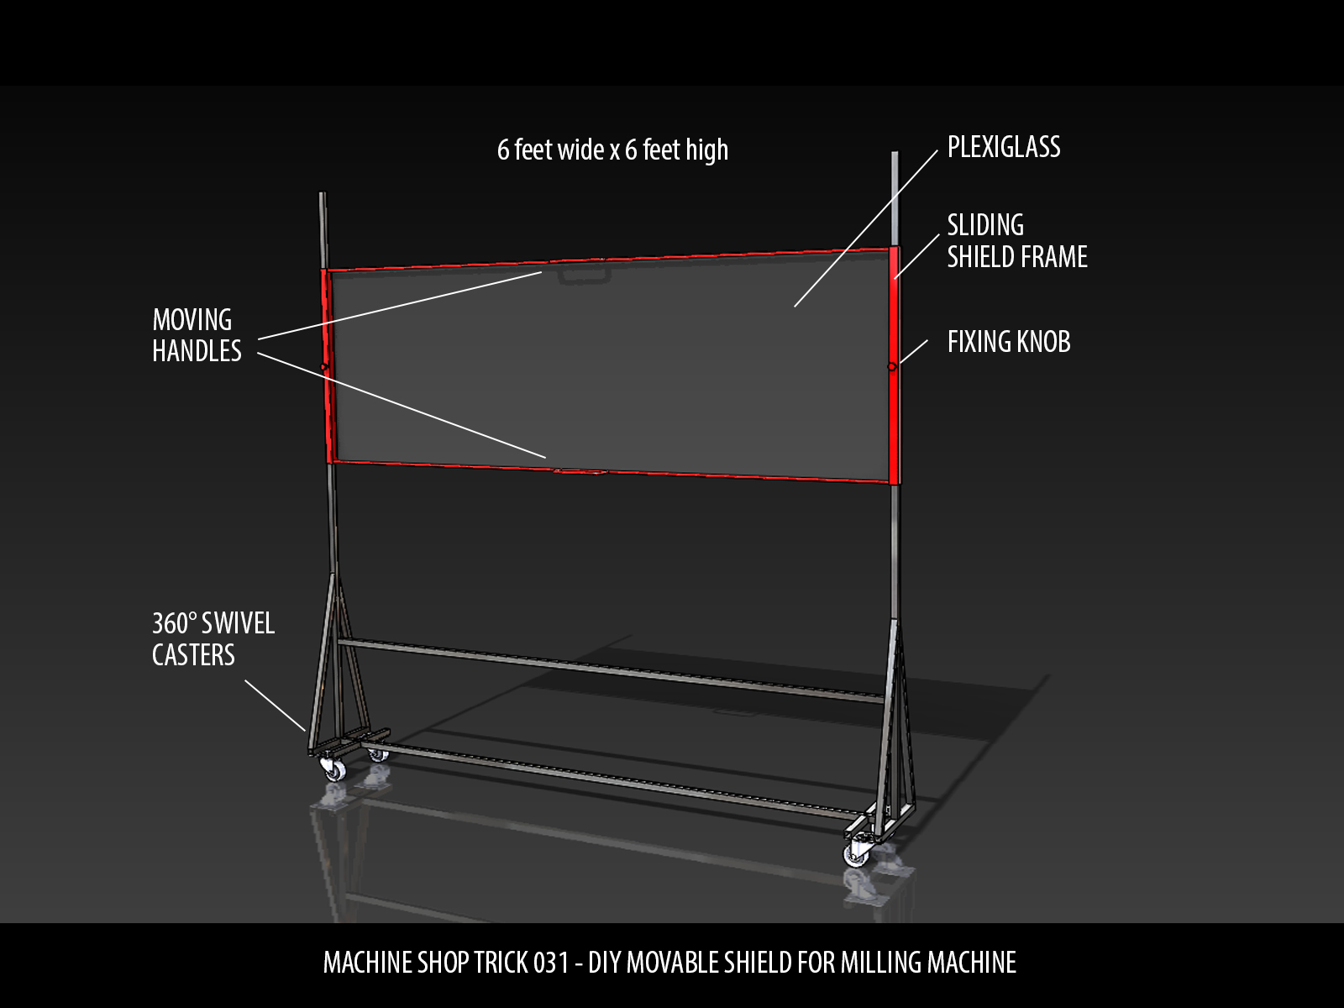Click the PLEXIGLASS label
(1004, 147)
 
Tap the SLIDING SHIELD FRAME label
(1016, 241)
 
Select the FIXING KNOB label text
(1009, 342)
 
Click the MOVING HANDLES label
(197, 335)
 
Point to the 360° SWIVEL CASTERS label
(213, 639)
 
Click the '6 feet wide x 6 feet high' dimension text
(612, 150)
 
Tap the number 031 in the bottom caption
(551, 963)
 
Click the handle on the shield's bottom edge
(580, 472)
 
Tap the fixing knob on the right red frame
(891, 366)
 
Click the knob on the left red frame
(323, 367)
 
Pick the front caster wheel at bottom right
(857, 854)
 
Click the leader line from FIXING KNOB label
(912, 352)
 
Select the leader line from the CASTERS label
(275, 706)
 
